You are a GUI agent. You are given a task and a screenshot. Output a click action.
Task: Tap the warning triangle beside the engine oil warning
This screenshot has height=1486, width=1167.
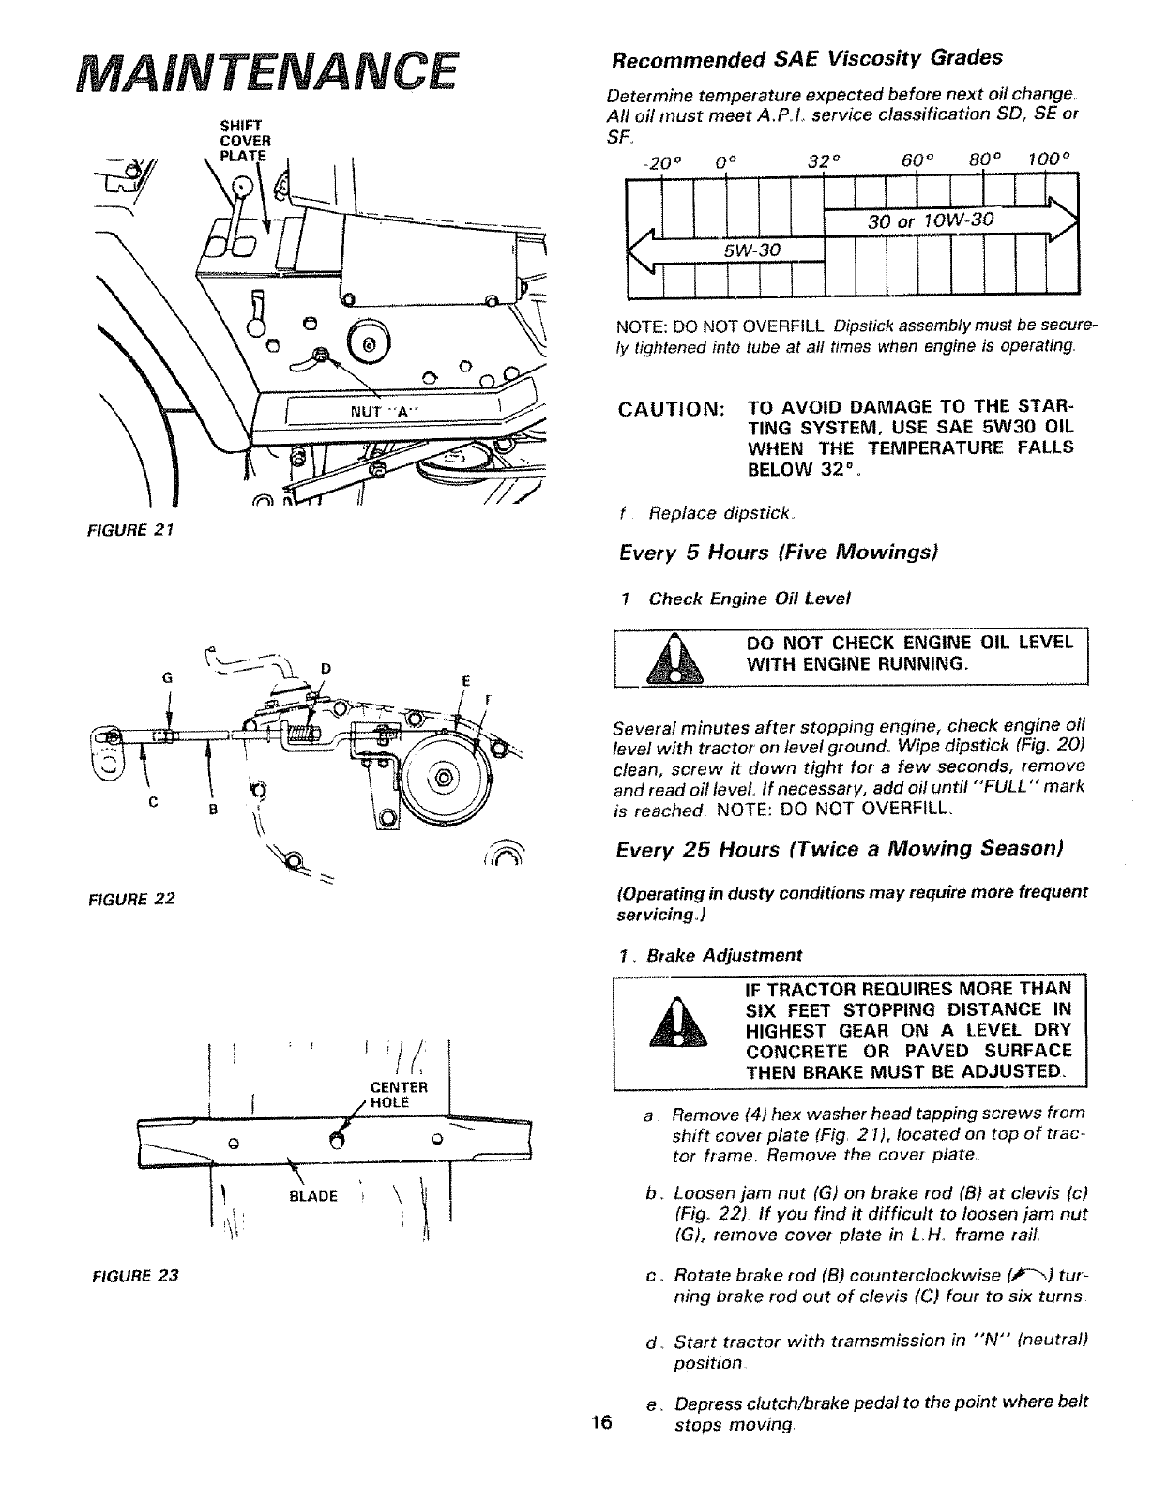(x=688, y=658)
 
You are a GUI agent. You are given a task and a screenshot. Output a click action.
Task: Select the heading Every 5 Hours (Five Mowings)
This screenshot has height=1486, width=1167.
(x=778, y=553)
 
